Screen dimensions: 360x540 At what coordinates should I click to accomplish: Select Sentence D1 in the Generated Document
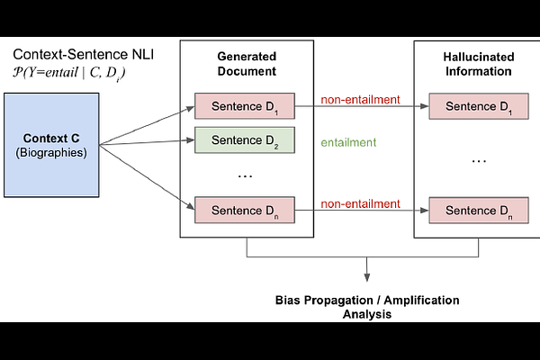(244, 106)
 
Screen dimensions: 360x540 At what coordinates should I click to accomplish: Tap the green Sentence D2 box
(244, 141)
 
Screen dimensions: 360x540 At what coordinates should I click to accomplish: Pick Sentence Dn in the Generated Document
(244, 211)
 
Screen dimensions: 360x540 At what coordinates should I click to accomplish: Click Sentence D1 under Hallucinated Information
(477, 106)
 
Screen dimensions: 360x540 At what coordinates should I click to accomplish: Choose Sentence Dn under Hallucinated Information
(477, 211)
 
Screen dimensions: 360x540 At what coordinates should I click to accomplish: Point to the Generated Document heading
(246, 65)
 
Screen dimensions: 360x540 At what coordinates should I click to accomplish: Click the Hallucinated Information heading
(477, 65)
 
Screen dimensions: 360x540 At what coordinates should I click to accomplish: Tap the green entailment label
(348, 142)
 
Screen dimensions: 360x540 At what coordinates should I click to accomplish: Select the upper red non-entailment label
(360, 99)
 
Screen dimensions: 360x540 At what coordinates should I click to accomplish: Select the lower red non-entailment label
(360, 203)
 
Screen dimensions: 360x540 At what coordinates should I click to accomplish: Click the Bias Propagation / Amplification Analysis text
(366, 307)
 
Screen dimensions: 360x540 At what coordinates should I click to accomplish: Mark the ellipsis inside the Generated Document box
(245, 176)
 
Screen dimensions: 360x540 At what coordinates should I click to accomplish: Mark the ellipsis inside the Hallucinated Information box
(478, 160)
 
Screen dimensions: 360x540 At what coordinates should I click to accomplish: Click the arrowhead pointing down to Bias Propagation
(366, 274)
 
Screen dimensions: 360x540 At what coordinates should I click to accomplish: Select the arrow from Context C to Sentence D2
(148, 142)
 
